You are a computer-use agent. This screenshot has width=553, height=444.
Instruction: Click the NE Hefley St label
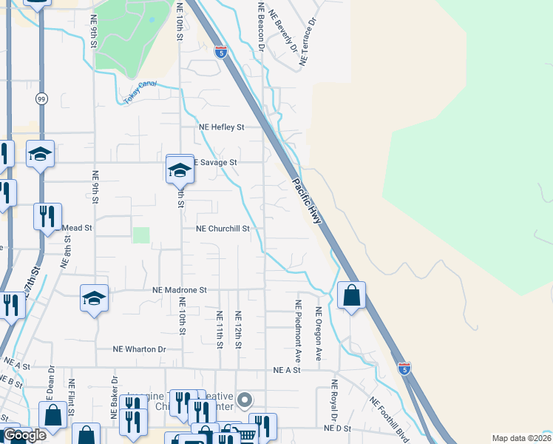221,127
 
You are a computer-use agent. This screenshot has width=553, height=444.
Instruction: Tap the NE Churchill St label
223,229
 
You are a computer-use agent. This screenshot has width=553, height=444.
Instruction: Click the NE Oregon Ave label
319,334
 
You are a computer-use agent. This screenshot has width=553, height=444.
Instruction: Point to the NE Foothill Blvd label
390,417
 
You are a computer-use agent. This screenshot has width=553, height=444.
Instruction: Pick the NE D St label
336,428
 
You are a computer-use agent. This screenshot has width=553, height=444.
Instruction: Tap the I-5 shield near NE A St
404,368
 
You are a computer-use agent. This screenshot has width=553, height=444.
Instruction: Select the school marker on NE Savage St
180,170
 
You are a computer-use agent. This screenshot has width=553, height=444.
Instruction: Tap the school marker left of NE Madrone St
94,298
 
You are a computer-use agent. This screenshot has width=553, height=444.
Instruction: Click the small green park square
140,235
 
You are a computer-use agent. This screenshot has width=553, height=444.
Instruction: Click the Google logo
24,435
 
